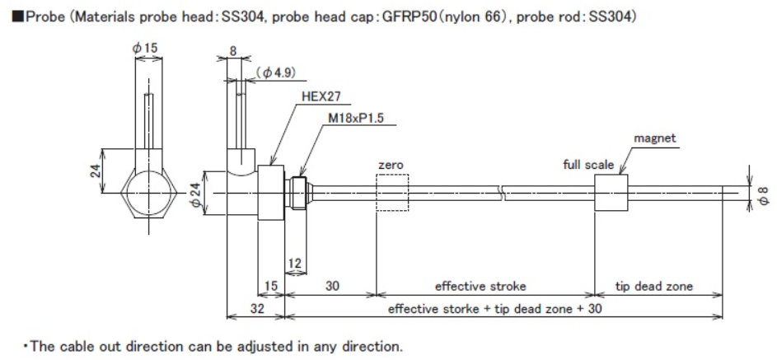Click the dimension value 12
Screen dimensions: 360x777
click(295, 262)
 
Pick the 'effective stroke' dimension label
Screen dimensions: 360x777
click(480, 287)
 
